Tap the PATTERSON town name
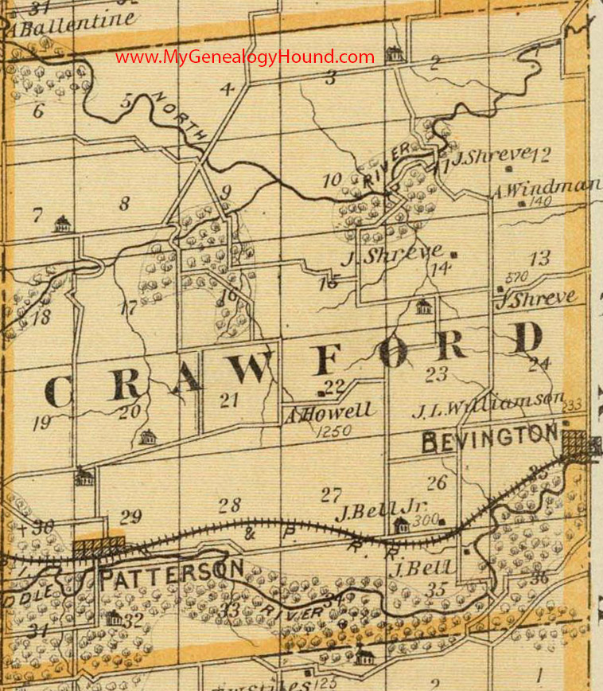[x=171, y=571]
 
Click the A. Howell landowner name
[x=327, y=412]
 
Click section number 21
[x=229, y=402]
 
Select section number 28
[x=229, y=505]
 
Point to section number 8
[x=124, y=204]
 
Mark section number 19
[x=41, y=423]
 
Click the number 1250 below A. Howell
[x=333, y=431]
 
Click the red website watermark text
[x=244, y=57]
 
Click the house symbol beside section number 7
[x=62, y=224]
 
